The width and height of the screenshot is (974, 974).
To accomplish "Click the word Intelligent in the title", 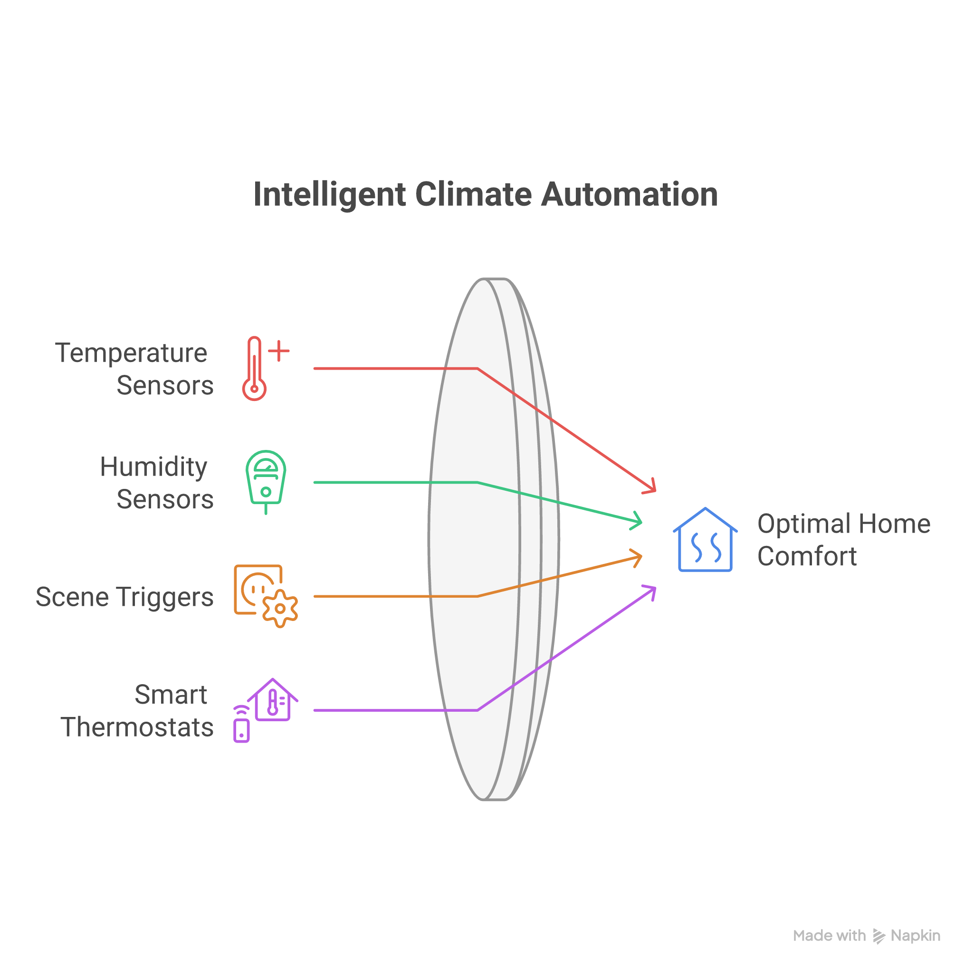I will pyautogui.click(x=329, y=195).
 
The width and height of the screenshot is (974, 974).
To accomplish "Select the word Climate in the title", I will pyautogui.click(x=473, y=195).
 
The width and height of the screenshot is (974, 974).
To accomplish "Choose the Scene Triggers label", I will pyautogui.click(x=124, y=597).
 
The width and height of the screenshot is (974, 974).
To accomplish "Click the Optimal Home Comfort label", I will pyautogui.click(x=843, y=540).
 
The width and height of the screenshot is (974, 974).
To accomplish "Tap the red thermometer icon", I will pyautogui.click(x=255, y=369).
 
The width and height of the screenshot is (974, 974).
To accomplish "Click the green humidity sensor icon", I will pyautogui.click(x=266, y=479).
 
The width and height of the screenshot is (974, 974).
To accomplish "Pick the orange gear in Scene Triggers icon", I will pyautogui.click(x=280, y=609).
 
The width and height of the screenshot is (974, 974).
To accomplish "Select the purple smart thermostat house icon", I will pyautogui.click(x=273, y=700).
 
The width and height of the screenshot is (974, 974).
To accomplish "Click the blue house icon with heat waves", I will pyautogui.click(x=705, y=540).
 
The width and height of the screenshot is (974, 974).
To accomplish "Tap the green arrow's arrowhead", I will pyautogui.click(x=638, y=521).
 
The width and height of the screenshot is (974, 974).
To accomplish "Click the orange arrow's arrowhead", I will pyautogui.click(x=638, y=557).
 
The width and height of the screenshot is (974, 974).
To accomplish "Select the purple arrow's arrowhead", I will pyautogui.click(x=651, y=590).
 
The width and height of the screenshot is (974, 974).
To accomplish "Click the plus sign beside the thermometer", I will pyautogui.click(x=279, y=351).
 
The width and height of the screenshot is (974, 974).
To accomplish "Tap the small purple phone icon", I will pyautogui.click(x=241, y=729).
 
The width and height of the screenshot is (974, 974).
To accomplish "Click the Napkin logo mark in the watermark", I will pyautogui.click(x=879, y=936).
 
